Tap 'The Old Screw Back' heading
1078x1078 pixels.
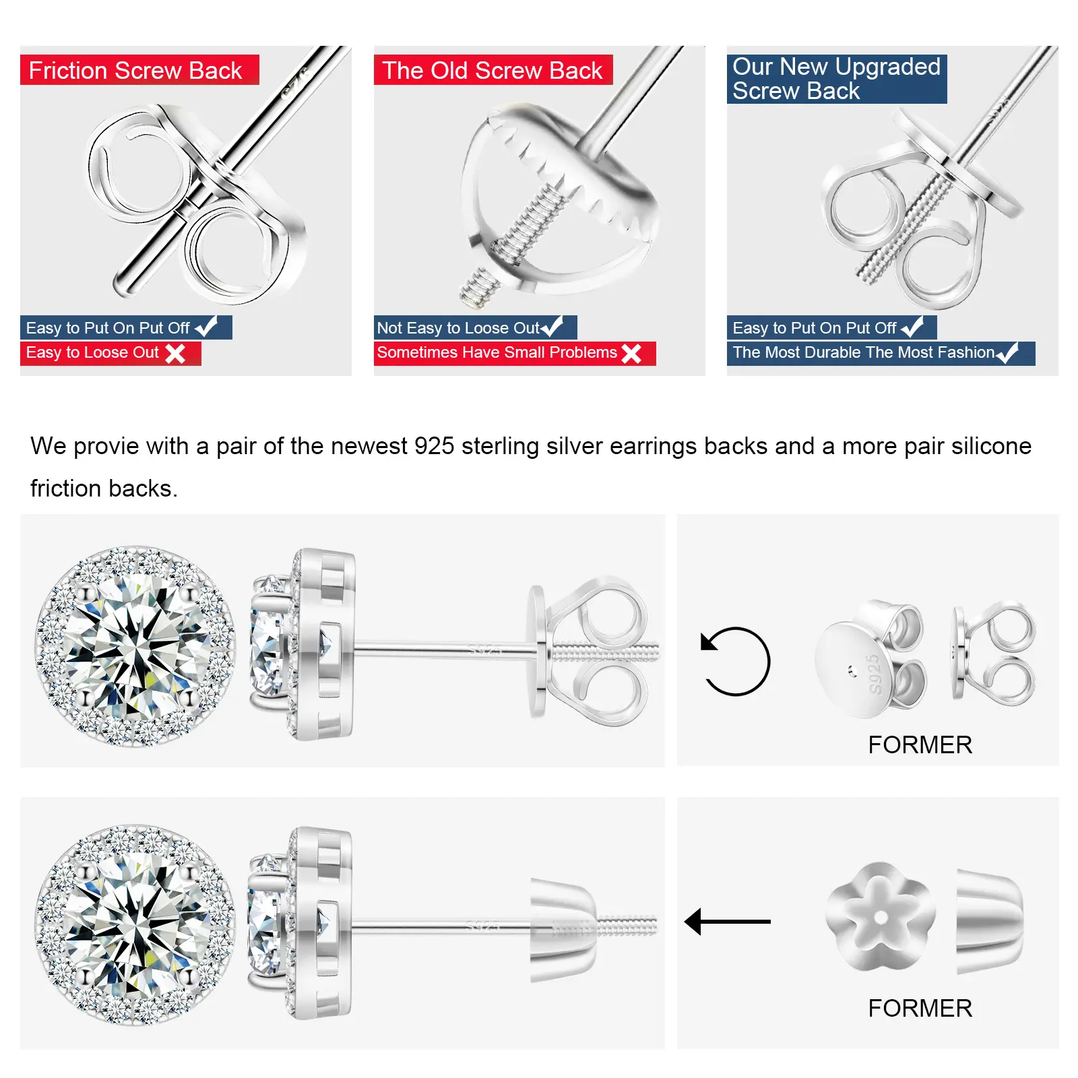tap(492, 70)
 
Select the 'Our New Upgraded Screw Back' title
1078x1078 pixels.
tap(836, 79)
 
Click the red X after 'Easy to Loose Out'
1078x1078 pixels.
tap(175, 353)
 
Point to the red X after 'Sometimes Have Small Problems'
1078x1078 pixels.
tap(631, 353)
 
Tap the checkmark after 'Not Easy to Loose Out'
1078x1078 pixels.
tap(552, 327)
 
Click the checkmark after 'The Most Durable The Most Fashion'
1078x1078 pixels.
tap(1007, 352)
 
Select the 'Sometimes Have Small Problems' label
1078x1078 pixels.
tap(497, 352)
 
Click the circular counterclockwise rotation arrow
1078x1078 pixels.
tap(735, 662)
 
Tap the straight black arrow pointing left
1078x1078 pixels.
tap(727, 921)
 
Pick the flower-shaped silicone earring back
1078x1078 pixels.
tap(881, 917)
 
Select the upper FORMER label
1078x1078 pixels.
tap(920, 745)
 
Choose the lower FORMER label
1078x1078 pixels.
tap(920, 1009)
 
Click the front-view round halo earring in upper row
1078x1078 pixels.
tap(135, 646)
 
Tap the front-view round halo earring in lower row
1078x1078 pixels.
tap(135, 924)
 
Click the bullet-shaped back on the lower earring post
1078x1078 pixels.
tap(564, 929)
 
